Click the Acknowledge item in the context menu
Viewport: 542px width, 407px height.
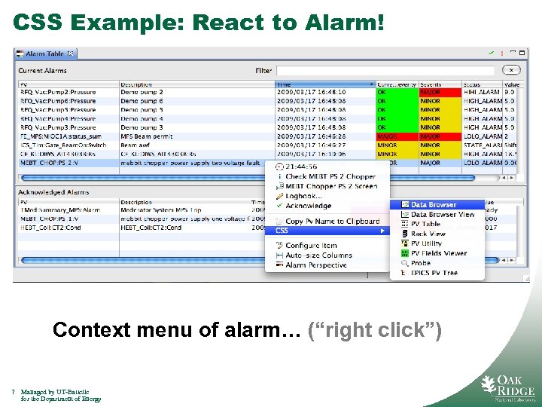pyautogui.click(x=308, y=206)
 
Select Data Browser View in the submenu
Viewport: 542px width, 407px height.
pyautogui.click(x=443, y=214)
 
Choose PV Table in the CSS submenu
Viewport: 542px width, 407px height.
pyautogui.click(x=425, y=224)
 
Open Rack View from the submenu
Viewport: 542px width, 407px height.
pyautogui.click(x=428, y=234)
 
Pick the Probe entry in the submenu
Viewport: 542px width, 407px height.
pyautogui.click(x=421, y=263)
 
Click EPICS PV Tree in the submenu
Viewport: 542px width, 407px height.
pyautogui.click(x=434, y=273)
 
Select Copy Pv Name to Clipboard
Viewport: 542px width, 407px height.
pyautogui.click(x=332, y=221)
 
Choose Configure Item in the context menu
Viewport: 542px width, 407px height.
pyautogui.click(x=311, y=246)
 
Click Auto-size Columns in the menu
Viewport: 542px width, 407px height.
pyautogui.click(x=318, y=256)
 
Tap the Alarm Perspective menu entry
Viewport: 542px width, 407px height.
pyautogui.click(x=316, y=265)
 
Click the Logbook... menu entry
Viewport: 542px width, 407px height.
pyautogui.click(x=303, y=196)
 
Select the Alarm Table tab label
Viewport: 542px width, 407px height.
pyautogui.click(x=45, y=54)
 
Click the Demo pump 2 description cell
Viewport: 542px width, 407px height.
pyautogui.click(x=142, y=92)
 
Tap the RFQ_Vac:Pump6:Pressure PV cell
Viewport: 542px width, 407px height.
pyautogui.click(x=58, y=101)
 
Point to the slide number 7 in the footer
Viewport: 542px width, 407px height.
pyautogui.click(x=14, y=392)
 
